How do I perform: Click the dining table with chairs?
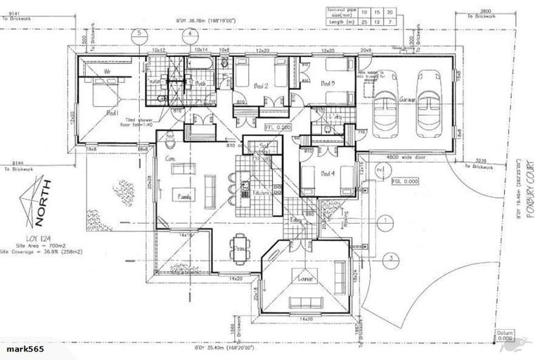[x=239, y=247]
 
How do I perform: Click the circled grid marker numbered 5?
[x=141, y=32]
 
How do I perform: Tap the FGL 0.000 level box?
[x=405, y=181]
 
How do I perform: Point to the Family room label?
[x=186, y=198]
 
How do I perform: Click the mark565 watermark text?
[x=22, y=349]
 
